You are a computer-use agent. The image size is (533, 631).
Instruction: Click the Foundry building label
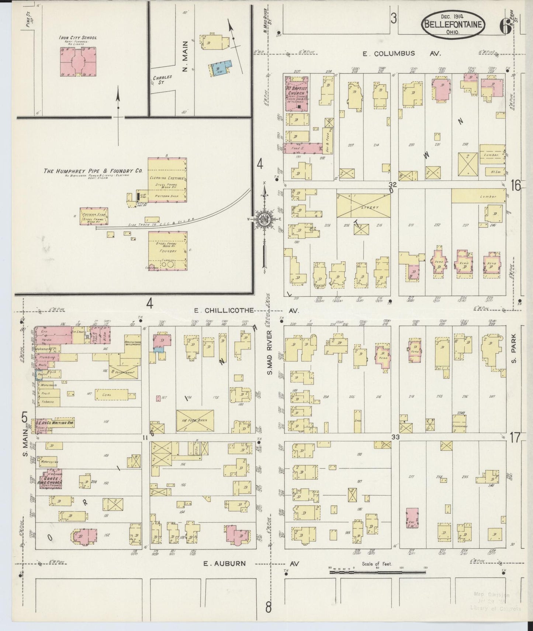click(167, 251)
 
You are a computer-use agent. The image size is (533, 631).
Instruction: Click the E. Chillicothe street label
click(225, 310)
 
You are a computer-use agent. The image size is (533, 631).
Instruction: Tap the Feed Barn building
click(195, 420)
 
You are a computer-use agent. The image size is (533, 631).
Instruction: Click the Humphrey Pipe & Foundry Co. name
click(93, 171)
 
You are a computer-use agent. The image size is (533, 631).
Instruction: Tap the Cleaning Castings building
click(167, 178)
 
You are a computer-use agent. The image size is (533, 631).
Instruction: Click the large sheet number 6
click(504, 26)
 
